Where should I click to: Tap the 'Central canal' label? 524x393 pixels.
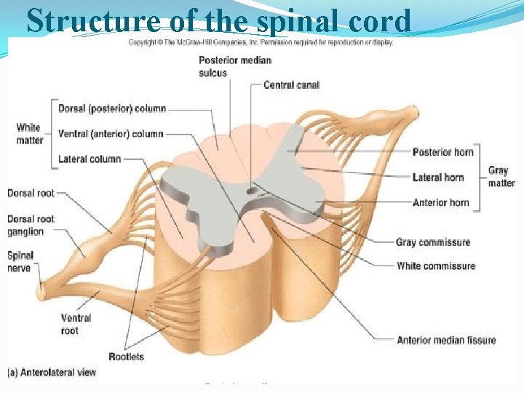pos(291,85)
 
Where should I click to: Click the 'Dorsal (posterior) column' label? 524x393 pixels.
pos(112,108)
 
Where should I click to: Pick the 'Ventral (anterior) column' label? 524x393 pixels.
pos(111,134)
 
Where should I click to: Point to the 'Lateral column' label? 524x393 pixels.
pos(90,159)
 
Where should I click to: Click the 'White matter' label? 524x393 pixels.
pos(29,133)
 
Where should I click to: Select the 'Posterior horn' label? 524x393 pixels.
pos(442,152)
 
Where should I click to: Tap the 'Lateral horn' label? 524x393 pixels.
pos(437,177)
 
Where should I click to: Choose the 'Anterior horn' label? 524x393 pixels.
pos(440,202)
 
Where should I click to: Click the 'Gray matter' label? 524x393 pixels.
pos(501,177)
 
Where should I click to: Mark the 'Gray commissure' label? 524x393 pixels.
pos(433,242)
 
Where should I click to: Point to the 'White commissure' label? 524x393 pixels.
pos(435,266)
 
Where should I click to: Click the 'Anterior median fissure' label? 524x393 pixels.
pos(446,340)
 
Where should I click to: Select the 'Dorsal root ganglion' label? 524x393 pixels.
pos(31,225)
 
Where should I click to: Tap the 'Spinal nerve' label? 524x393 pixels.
pos(20,262)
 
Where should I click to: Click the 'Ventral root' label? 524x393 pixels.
pos(76,324)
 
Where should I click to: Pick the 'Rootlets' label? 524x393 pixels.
pos(126,357)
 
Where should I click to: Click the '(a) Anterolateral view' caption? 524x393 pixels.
pos(52,373)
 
